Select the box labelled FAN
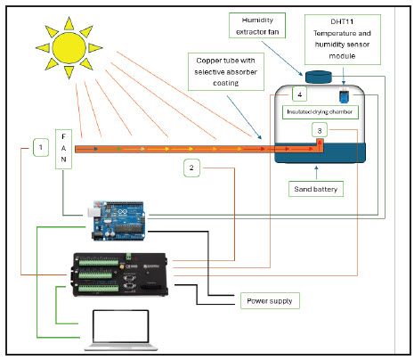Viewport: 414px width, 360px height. click(63, 151)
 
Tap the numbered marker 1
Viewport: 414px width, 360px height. click(38, 145)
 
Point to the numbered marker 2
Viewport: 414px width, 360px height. click(193, 166)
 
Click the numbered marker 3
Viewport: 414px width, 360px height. click(320, 130)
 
